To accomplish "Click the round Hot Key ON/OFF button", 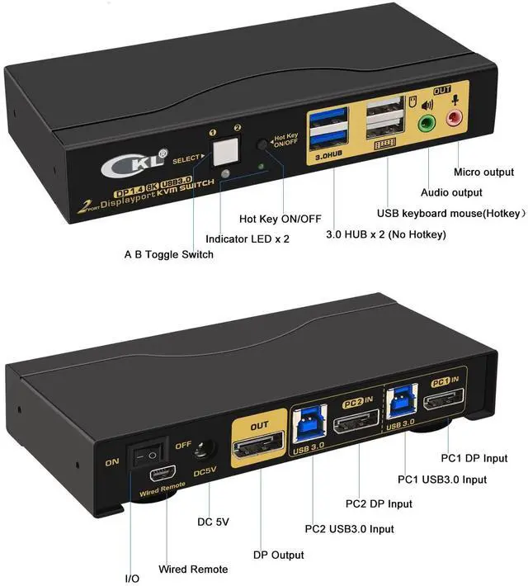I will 262,144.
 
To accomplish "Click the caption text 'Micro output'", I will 483,172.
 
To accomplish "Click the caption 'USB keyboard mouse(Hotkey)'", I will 450,213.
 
